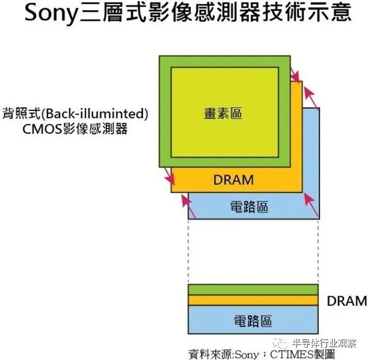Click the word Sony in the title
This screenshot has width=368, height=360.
pos(51,13)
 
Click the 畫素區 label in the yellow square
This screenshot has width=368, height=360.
pos(223,113)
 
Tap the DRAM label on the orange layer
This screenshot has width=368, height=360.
pos(234,180)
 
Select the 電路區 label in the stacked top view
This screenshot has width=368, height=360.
pos(249,207)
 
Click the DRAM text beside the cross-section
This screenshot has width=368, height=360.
pos(347,301)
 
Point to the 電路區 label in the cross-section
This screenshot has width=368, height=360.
pos(253,321)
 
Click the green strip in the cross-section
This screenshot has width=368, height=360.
pos(253,289)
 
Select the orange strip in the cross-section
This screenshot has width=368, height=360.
pos(253,300)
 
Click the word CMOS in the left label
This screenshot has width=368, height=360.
pos(42,129)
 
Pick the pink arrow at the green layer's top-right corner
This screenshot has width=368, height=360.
pos(295,75)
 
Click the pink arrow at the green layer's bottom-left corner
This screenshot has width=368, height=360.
pos(169,176)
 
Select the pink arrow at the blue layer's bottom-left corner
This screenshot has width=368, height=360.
pos(188,207)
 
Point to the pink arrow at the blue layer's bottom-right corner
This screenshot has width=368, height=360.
pos(311,205)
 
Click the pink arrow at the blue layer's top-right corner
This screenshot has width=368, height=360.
pos(311,98)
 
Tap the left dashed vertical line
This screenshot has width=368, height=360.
pos(188,251)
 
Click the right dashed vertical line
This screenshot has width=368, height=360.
pos(318,251)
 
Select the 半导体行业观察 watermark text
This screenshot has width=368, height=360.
pos(324,343)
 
